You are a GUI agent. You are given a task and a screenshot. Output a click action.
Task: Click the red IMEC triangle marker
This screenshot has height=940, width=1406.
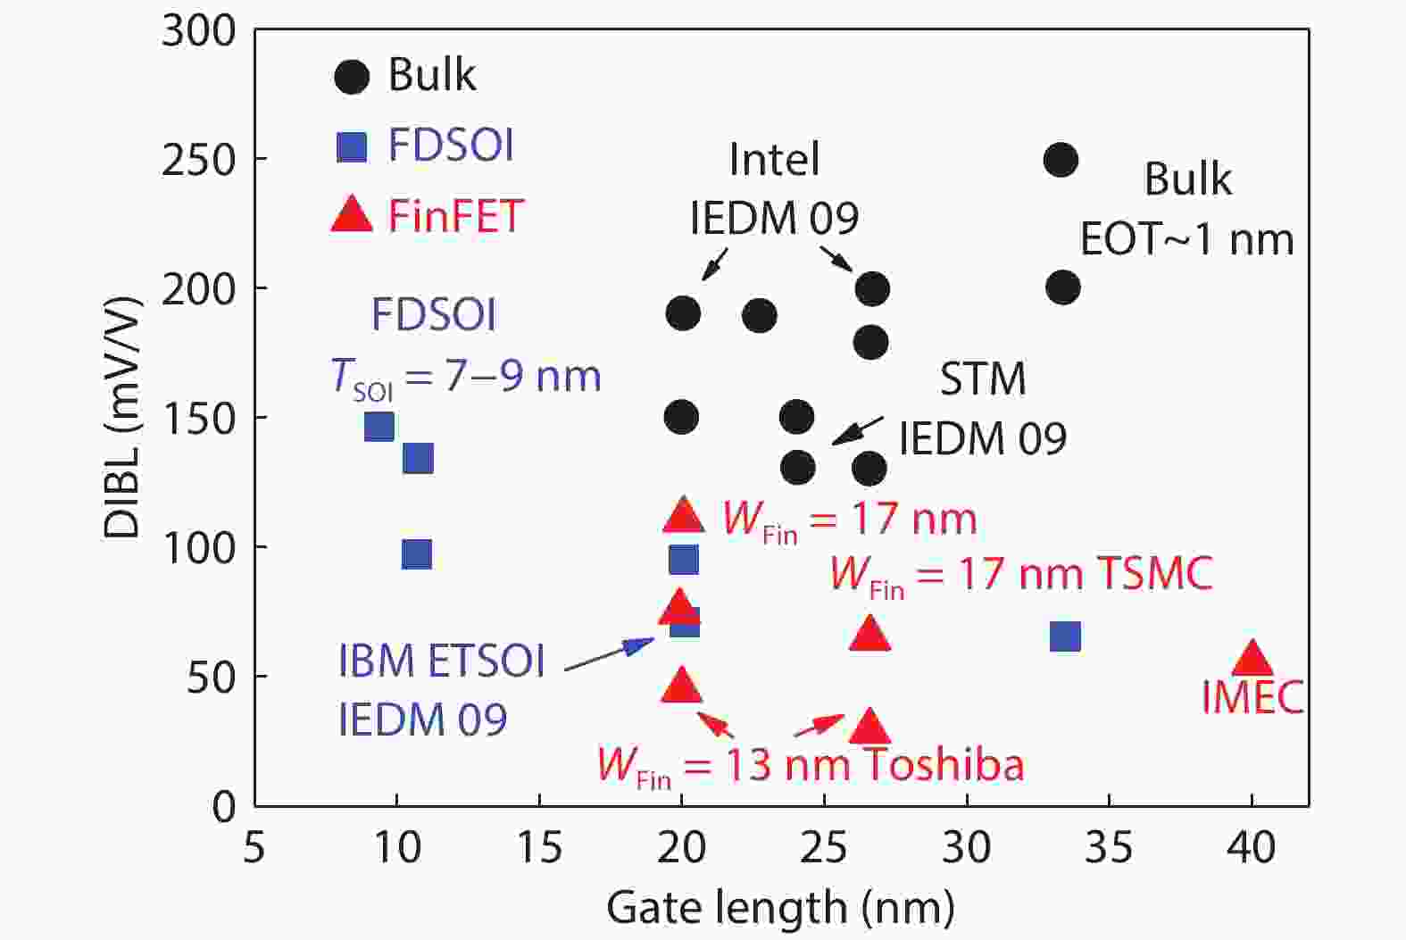click(x=1252, y=659)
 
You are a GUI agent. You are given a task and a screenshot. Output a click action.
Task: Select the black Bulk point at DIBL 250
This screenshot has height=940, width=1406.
click(x=1061, y=161)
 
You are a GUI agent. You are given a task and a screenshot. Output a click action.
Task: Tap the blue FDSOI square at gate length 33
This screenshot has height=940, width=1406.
click(x=1065, y=636)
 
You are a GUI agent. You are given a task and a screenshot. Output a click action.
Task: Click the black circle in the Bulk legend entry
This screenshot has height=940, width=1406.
click(x=352, y=77)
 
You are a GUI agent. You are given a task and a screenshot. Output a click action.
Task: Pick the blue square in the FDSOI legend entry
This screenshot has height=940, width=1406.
click(x=352, y=146)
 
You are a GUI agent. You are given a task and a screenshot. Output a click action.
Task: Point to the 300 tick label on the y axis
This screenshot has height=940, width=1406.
click(x=198, y=31)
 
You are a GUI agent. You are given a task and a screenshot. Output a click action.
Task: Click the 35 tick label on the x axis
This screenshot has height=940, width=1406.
click(x=1109, y=846)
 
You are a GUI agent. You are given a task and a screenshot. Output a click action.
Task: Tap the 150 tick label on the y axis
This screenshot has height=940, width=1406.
click(x=198, y=418)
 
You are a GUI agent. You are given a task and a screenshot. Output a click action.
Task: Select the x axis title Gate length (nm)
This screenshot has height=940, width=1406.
click(x=780, y=909)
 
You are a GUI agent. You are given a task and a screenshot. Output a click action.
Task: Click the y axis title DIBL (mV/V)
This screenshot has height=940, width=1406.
click(x=123, y=418)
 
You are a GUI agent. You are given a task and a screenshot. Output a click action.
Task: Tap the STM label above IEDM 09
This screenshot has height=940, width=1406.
click(x=982, y=379)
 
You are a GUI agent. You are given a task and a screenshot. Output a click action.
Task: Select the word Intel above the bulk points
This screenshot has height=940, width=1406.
click(x=774, y=160)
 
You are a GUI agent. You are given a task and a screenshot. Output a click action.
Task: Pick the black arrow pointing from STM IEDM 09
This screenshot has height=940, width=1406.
click(x=857, y=430)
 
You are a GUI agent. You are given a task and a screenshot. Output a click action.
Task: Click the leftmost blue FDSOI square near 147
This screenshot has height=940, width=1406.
click(x=379, y=427)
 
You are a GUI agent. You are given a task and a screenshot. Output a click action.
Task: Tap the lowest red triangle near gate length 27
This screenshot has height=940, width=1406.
click(x=869, y=728)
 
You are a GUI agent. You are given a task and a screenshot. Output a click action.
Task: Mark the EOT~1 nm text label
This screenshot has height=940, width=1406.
click(x=1186, y=239)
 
